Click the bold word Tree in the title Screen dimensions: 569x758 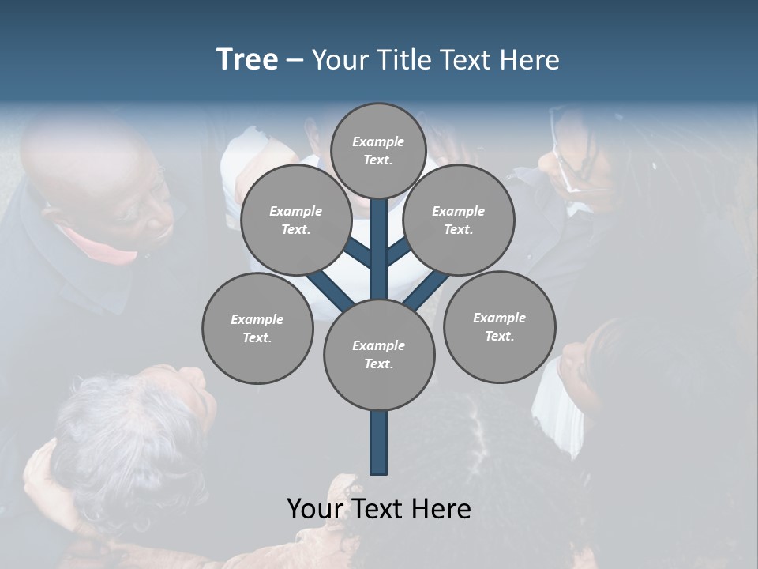coord(247,59)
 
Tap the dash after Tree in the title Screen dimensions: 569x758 coord(295,61)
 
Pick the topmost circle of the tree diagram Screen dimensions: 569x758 coord(378,150)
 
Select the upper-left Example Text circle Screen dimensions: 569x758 coord(295,220)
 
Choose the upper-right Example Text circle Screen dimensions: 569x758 coord(458,220)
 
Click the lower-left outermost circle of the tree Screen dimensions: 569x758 coord(257,328)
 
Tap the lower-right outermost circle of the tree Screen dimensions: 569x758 coord(499,326)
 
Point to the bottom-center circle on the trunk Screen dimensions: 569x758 coord(379,355)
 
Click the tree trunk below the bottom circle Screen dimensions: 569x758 coord(379,443)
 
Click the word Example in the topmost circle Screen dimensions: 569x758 coord(378,141)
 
